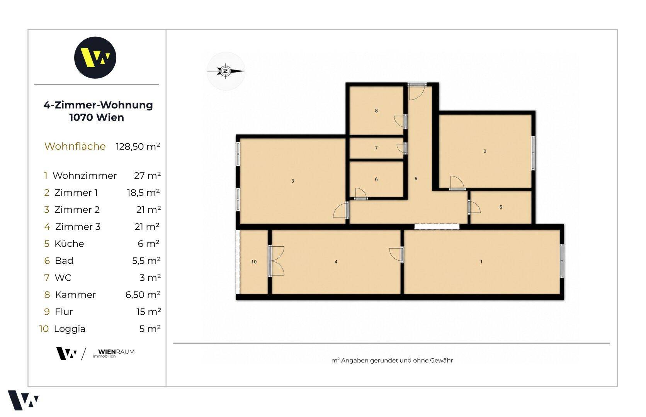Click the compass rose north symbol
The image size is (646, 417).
[x=226, y=71]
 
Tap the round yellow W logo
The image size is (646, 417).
[x=95, y=58]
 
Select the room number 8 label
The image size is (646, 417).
[x=376, y=111]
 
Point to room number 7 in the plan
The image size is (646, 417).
[x=376, y=148]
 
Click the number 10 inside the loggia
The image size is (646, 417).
[x=254, y=262]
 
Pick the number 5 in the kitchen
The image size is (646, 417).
[x=501, y=207]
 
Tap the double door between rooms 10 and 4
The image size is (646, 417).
[x=276, y=261]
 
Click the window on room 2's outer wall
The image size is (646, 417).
[x=534, y=153]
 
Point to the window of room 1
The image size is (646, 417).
[x=562, y=261]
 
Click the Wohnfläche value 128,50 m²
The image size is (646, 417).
[x=138, y=147]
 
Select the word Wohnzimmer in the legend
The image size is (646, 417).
[x=85, y=176]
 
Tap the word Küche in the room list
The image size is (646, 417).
[x=69, y=244]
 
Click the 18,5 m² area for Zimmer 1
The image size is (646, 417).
[x=143, y=193]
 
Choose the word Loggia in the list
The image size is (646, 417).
[x=70, y=329]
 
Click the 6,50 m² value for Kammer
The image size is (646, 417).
[x=143, y=295]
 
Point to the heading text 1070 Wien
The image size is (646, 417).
[x=97, y=118]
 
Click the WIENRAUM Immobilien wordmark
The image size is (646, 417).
[x=114, y=353]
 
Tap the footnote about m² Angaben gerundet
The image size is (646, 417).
[x=392, y=361]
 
